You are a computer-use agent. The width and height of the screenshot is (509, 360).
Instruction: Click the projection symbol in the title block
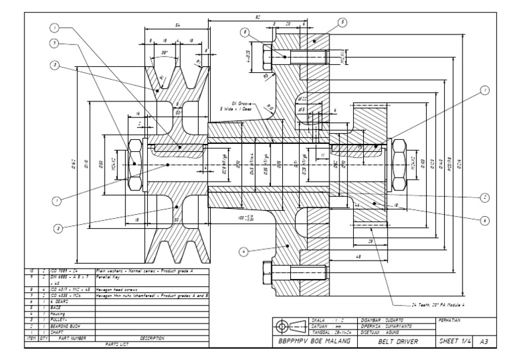tap(290, 326)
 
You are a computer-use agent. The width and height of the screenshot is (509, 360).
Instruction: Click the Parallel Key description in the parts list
tap(110, 278)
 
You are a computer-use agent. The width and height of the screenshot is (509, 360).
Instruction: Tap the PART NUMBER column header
tap(64, 337)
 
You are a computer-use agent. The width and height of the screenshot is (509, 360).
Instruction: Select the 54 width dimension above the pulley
tap(177, 24)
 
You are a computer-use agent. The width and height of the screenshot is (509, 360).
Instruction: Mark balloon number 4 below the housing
tap(245, 251)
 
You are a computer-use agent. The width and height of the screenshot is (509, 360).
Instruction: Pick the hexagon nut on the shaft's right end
tap(401, 162)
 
